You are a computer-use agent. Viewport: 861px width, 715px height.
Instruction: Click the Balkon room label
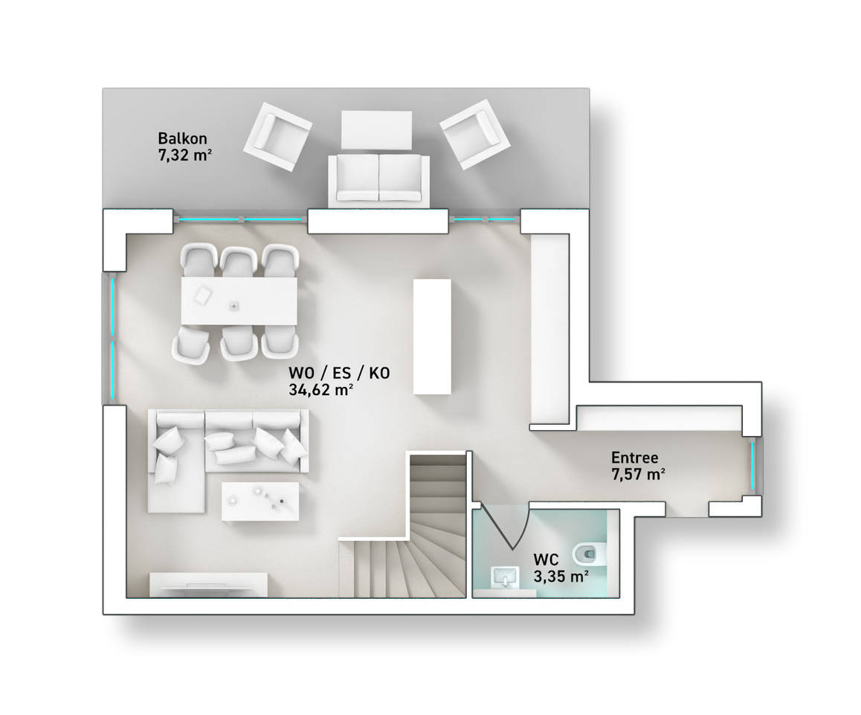point(182,138)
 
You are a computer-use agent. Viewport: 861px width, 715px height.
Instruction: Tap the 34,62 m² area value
point(320,390)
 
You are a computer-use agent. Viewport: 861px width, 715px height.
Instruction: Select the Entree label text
point(635,458)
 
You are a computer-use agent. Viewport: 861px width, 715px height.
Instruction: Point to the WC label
point(546,560)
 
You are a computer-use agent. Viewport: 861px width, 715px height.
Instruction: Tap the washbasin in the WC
point(505,577)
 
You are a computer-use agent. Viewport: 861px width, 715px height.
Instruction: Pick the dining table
point(239,301)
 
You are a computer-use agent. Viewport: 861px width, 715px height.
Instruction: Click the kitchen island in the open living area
point(432,336)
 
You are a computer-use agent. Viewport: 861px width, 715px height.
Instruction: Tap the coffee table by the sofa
point(260,501)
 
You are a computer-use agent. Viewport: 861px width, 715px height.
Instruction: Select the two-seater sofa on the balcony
point(379,180)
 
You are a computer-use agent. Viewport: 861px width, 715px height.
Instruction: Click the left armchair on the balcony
point(277,137)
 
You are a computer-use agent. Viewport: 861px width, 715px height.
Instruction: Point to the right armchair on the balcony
point(475,133)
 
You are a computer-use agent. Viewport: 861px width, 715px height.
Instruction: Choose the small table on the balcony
point(377,129)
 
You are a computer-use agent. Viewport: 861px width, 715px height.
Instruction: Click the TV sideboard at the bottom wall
point(209,585)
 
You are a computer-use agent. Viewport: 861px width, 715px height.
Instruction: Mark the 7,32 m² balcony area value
point(185,155)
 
